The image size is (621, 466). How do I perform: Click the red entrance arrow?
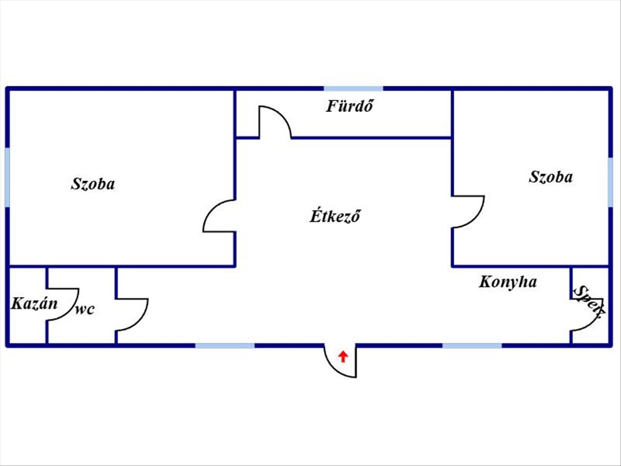(343, 356)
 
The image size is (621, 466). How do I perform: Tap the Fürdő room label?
(350, 106)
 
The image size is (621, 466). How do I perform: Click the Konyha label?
(508, 282)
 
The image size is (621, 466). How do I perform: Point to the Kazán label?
(34, 303)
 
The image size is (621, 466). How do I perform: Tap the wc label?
(85, 310)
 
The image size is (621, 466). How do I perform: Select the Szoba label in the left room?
(93, 184)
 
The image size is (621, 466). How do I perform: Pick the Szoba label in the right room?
(551, 177)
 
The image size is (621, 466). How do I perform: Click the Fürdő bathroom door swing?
(274, 122)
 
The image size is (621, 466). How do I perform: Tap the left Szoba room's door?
(219, 215)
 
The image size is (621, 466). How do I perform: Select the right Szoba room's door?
(468, 211)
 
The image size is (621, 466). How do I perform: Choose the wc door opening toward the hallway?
(132, 314)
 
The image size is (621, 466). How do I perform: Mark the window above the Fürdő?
(353, 89)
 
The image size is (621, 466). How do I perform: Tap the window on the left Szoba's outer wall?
(7, 177)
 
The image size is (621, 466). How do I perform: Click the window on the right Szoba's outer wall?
(611, 182)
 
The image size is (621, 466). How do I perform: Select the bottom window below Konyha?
(472, 345)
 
